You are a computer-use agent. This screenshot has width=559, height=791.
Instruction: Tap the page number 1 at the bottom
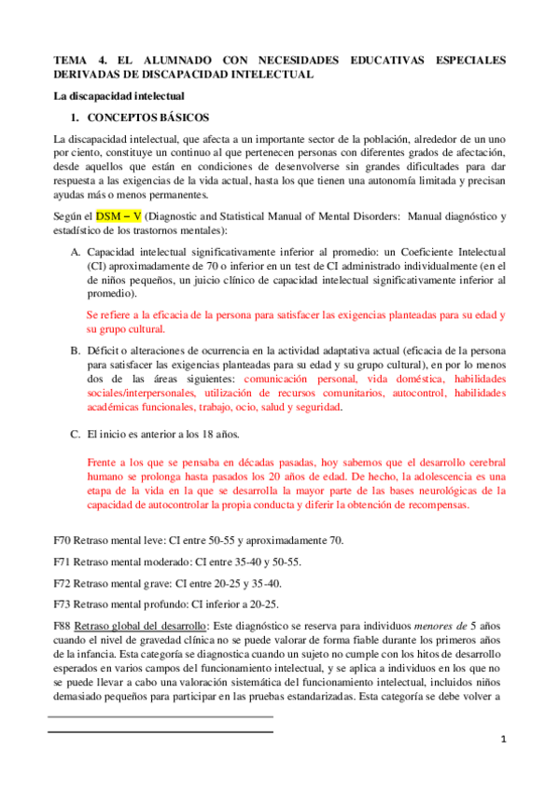502,740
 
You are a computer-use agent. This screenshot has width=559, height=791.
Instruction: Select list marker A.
75,253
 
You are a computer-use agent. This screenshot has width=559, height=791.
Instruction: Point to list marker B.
75,351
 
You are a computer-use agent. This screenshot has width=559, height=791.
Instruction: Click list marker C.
75,435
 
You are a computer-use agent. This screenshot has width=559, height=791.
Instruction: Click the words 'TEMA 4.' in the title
79,60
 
